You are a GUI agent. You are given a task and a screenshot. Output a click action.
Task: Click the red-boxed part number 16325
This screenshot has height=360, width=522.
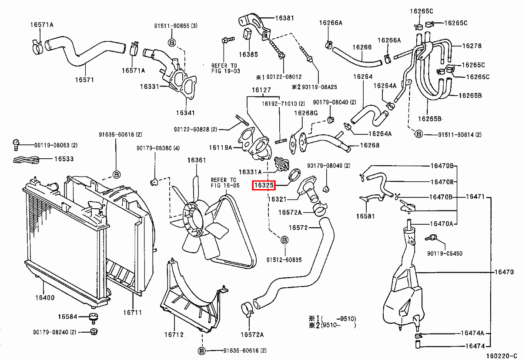tap(264, 186)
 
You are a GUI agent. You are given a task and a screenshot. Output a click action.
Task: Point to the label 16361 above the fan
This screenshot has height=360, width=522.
tap(197, 160)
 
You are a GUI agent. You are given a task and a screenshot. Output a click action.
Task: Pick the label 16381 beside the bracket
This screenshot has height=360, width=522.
tap(284, 18)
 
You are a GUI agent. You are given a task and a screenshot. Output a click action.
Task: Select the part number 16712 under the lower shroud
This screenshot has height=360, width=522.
tap(174, 334)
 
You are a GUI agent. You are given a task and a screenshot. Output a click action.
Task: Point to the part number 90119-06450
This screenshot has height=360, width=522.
tap(445, 253)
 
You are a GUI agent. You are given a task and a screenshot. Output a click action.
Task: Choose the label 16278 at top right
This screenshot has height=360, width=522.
tap(472, 46)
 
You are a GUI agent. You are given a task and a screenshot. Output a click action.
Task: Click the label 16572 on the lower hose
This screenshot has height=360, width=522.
tap(298, 227)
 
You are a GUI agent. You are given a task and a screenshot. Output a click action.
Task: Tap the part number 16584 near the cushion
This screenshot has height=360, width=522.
tap(67, 316)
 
